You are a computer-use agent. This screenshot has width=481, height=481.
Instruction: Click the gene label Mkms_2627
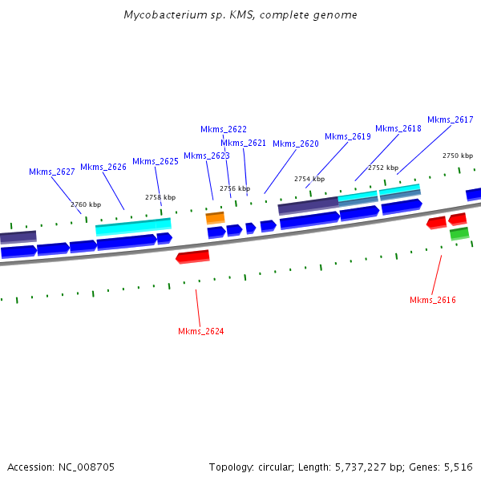tap(51, 172)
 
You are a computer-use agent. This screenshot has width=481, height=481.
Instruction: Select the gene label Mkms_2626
tap(103, 167)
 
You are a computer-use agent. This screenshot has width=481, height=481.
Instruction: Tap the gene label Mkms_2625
tap(155, 161)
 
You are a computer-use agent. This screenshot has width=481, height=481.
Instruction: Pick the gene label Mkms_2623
tap(206, 156)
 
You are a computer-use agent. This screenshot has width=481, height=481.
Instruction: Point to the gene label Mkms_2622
tap(223, 129)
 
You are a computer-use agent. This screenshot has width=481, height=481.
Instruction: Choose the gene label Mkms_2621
tap(243, 143)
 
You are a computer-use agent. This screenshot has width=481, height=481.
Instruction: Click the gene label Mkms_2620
tap(295, 143)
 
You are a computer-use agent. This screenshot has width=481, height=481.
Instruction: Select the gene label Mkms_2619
tap(347, 136)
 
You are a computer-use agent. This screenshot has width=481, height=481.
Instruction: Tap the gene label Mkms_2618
tap(398, 128)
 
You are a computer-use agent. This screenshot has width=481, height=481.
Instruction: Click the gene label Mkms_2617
tap(450, 119)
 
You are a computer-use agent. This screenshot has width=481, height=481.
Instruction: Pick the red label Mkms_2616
tap(432, 300)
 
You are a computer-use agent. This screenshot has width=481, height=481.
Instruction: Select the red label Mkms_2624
tap(200, 331)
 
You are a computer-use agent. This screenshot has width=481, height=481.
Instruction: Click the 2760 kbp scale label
tap(86, 204)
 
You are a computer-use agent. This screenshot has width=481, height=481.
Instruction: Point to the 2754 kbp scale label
tap(309, 179)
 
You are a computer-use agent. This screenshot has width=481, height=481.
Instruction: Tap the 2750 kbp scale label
tap(457, 156)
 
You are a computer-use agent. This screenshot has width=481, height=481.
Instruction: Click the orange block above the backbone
tap(215, 217)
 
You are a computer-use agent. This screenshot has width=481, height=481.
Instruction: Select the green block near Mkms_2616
tap(459, 233)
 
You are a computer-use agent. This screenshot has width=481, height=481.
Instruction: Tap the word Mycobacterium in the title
tap(161, 15)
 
